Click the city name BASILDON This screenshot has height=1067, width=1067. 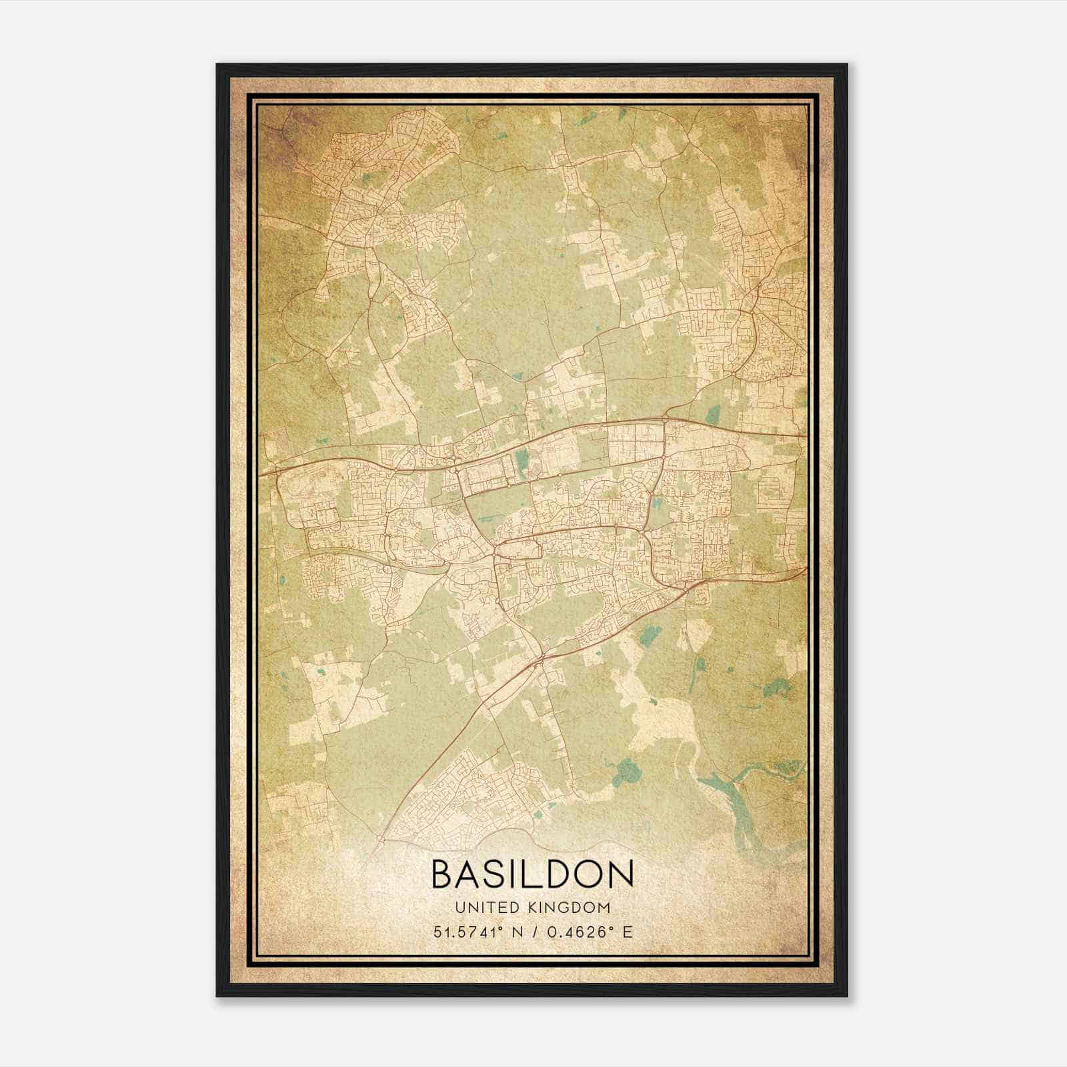point(533,874)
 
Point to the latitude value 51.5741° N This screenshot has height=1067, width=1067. point(475,932)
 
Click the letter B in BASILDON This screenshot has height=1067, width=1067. point(443,874)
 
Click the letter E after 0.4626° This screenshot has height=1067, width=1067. point(628,932)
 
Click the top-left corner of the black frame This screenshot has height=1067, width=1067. point(217,65)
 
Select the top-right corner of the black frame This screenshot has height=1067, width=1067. point(847,65)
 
